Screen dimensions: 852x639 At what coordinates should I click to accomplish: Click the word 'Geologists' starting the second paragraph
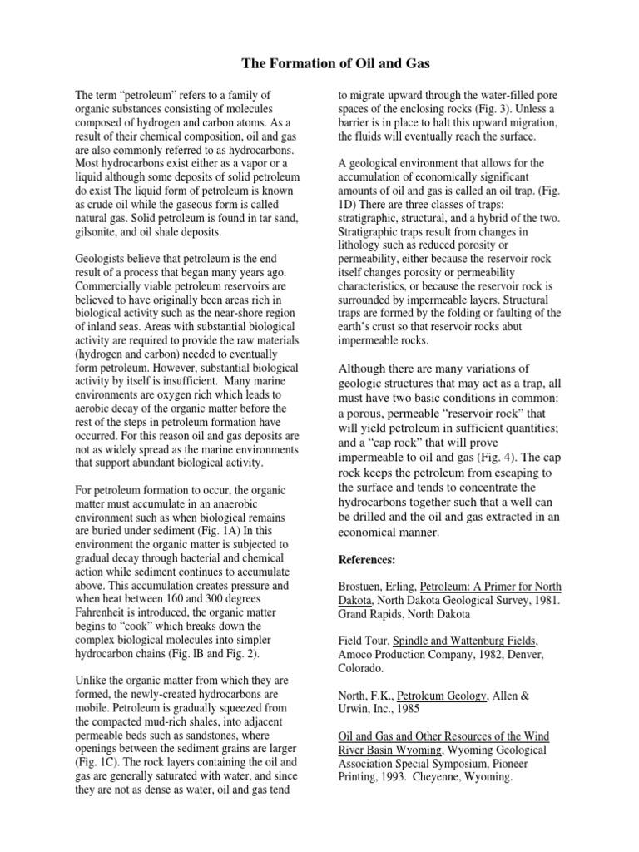[x=103, y=260]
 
